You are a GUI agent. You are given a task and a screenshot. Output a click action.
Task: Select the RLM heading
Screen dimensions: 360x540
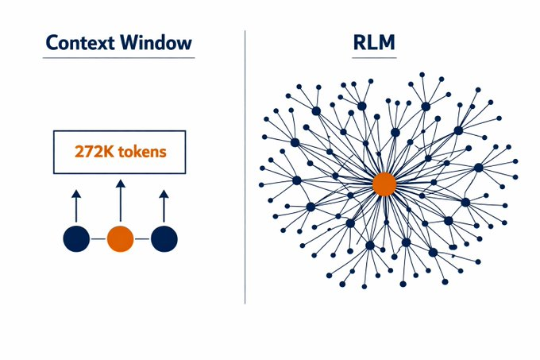(375, 43)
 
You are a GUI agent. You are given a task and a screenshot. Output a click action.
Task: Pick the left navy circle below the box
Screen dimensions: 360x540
(76, 238)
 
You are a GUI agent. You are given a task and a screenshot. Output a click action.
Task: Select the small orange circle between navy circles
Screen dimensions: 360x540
(120, 238)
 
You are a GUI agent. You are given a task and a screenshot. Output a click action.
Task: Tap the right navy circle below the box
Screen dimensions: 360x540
(164, 238)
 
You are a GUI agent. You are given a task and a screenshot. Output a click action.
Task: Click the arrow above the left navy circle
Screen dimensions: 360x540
(76, 204)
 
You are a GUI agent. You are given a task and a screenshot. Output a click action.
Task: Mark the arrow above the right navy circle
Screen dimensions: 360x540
(164, 204)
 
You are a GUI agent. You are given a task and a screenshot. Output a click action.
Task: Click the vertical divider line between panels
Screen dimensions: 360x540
(245, 167)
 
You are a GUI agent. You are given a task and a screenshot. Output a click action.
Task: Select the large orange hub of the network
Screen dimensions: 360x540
(384, 184)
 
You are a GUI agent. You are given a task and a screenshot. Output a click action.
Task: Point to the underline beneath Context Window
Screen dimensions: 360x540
(119, 58)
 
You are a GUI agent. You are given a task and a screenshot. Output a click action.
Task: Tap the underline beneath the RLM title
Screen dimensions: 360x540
(375, 58)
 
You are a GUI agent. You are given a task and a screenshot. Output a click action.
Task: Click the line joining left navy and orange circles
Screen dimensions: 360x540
(98, 238)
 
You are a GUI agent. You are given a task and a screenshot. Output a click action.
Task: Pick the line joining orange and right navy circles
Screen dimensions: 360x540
(142, 238)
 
